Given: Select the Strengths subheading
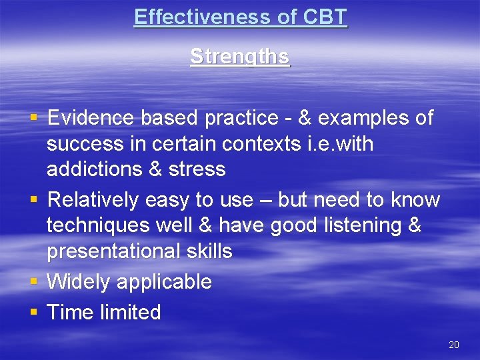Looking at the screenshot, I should point(240,57).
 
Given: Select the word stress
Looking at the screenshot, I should point(197,169).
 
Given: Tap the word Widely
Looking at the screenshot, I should point(79,282).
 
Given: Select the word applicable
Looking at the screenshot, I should point(164,282).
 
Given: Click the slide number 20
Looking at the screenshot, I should point(454,345).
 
